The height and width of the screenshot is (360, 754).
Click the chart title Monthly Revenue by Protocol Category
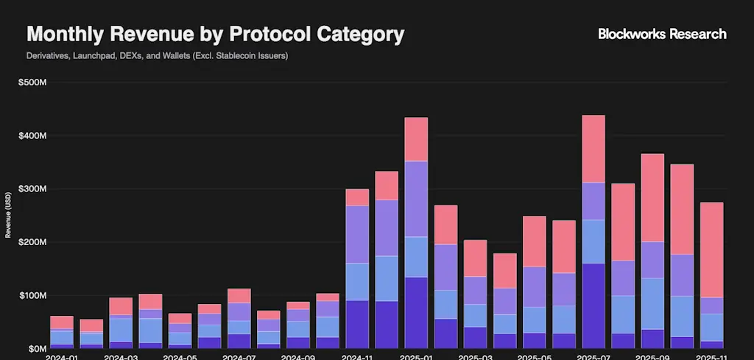215,35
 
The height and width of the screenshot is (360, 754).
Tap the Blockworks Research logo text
662,34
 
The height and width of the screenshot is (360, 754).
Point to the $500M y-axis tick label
32,82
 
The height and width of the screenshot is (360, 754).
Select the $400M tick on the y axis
32,136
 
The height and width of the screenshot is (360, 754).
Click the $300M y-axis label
32,189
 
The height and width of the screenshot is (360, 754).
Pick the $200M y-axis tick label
32,242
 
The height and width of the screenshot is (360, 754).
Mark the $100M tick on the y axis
32,295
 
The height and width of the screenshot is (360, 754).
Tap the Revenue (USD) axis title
8,216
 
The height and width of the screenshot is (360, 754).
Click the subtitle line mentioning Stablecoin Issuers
157,56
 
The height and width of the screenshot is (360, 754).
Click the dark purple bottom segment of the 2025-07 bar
593,306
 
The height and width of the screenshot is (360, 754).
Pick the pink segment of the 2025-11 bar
711,250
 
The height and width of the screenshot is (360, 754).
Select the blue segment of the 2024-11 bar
357,282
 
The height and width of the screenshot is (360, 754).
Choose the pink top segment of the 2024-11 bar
357,197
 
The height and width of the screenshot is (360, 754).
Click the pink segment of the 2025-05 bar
535,241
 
